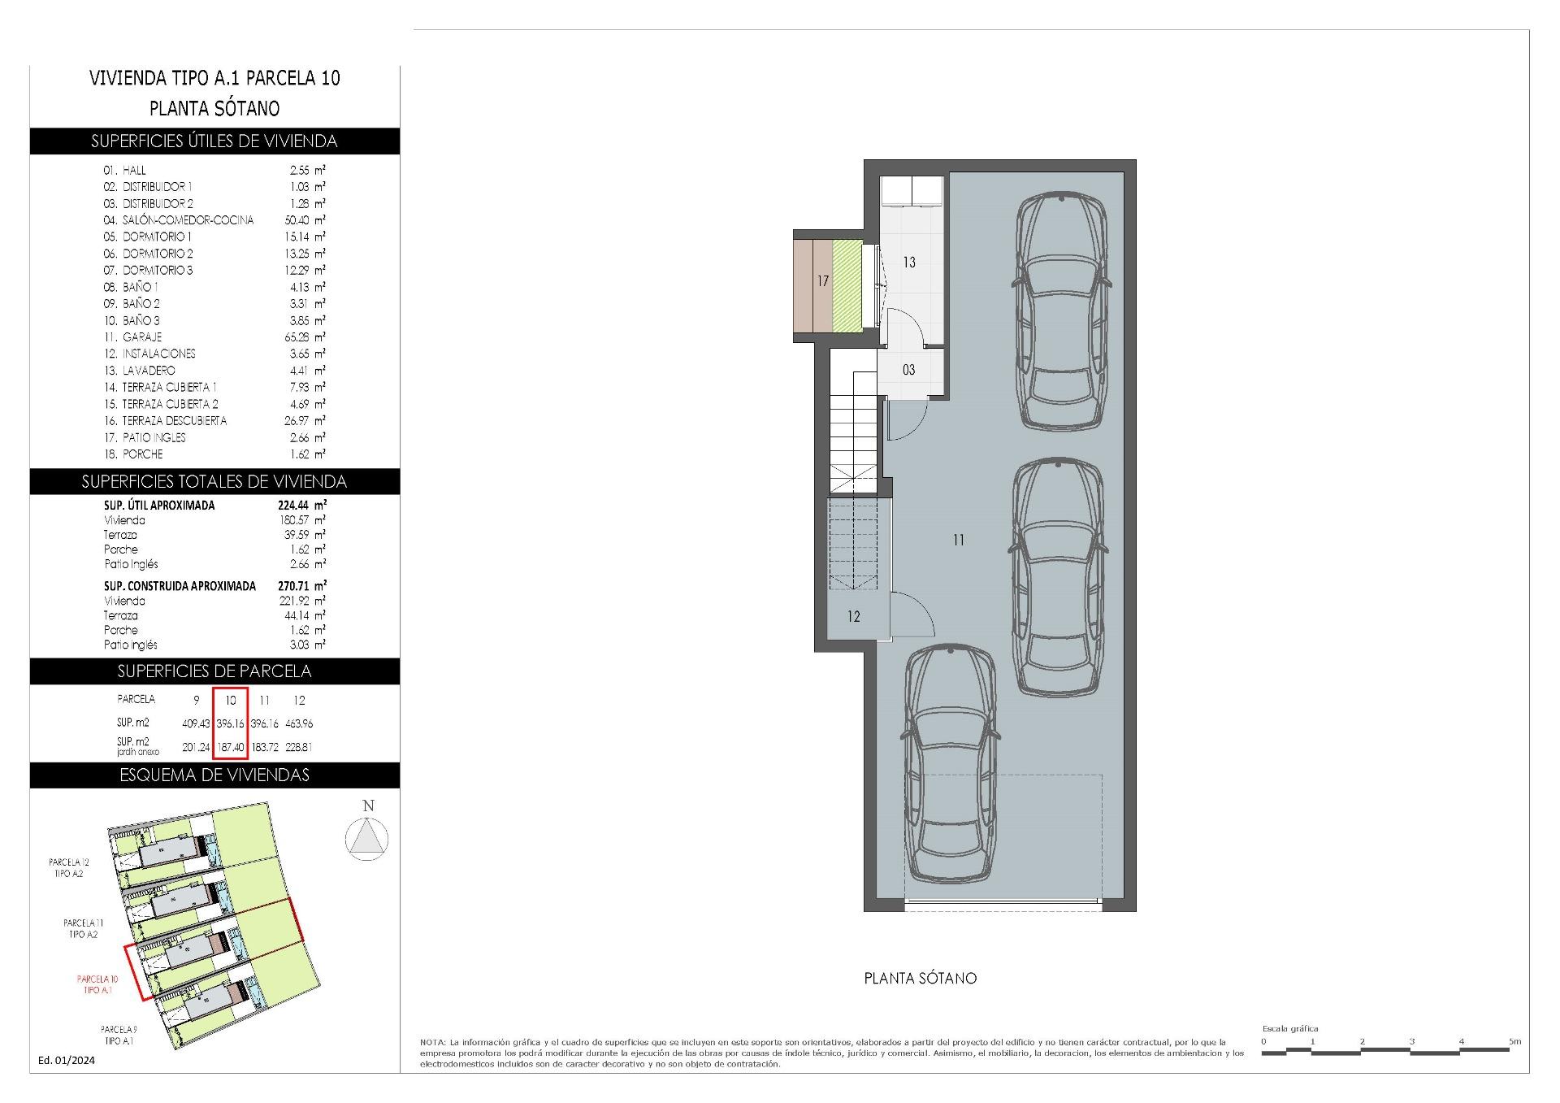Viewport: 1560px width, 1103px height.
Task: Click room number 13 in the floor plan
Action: (x=908, y=262)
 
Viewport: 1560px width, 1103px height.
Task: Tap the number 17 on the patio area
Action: (x=823, y=281)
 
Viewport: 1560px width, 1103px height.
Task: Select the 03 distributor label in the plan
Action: (x=908, y=370)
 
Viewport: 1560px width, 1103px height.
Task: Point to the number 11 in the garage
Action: (x=959, y=540)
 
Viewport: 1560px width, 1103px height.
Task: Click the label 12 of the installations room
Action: (x=853, y=617)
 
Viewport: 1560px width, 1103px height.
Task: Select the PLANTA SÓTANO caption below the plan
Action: (x=920, y=979)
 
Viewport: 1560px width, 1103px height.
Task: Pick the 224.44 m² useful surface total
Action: (x=301, y=505)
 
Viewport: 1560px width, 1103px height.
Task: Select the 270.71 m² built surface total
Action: (x=301, y=585)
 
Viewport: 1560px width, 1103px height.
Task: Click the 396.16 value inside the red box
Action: (x=231, y=723)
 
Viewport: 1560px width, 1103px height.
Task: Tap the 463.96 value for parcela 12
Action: (x=299, y=723)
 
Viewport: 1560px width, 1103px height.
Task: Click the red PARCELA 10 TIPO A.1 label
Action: (x=97, y=984)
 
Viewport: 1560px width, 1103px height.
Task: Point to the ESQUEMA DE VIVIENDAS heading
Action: (x=214, y=775)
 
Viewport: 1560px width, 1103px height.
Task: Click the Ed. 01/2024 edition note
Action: (x=67, y=1060)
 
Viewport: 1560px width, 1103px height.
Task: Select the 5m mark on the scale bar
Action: (x=1514, y=1041)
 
